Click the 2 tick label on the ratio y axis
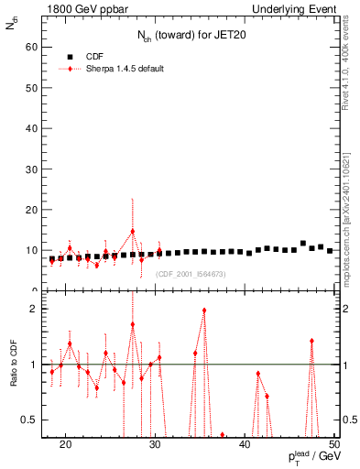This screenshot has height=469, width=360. [34, 309]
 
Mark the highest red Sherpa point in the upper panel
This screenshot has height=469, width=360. [133, 232]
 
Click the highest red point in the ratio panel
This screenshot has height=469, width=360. [204, 311]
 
